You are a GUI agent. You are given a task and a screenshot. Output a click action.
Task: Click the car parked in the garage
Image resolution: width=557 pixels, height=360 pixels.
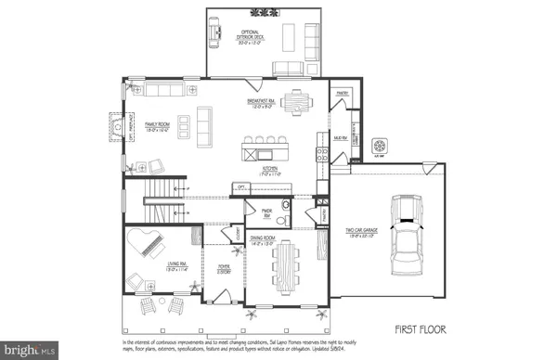408,236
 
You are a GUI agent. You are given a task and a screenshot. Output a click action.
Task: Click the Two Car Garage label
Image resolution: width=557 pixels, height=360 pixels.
362,234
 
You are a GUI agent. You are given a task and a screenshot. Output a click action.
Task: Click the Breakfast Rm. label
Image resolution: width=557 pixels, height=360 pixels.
266,102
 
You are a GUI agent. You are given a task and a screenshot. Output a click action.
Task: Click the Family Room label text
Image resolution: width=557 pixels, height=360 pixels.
155,125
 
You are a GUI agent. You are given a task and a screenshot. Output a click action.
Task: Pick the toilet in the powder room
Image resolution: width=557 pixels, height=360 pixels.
286,207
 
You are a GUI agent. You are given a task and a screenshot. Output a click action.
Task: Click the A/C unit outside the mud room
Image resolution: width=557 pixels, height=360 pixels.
378,146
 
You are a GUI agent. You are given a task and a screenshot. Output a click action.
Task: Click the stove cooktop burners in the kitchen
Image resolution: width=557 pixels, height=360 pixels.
321,150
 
